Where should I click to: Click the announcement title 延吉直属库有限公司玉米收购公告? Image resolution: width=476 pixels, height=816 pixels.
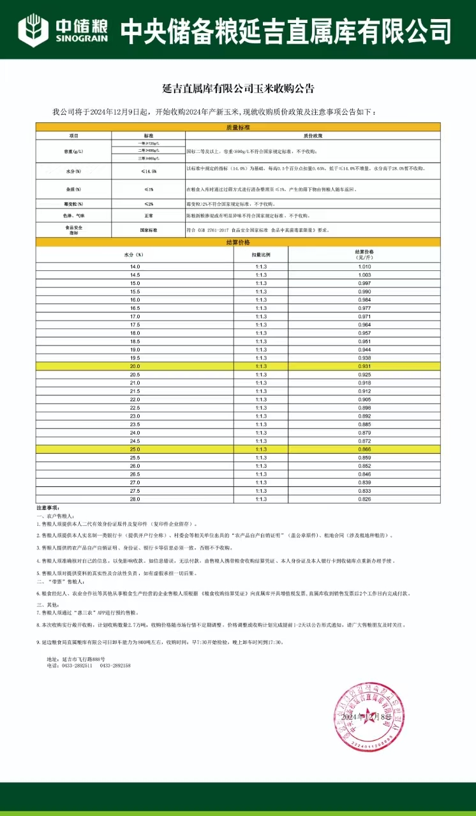[237, 89]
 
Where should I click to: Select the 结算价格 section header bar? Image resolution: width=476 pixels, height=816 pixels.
[237, 242]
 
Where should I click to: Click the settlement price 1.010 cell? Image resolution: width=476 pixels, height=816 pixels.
[364, 266]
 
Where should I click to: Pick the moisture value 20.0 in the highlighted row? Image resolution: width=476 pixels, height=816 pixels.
[135, 366]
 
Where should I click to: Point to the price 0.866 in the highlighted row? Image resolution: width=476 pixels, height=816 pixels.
[364, 449]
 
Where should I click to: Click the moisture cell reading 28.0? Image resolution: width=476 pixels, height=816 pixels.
[135, 499]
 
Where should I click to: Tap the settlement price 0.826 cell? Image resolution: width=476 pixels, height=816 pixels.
[364, 499]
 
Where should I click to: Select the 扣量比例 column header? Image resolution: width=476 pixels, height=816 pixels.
[261, 254]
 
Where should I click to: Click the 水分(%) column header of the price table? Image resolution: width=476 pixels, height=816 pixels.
[135, 254]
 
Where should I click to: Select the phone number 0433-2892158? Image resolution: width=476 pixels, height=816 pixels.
[115, 665]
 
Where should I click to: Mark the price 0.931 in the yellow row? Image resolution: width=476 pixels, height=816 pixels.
[364, 366]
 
